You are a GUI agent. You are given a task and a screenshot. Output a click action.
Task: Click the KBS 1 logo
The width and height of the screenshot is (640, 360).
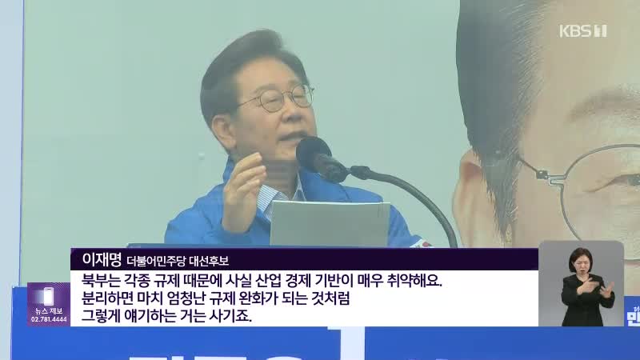582,31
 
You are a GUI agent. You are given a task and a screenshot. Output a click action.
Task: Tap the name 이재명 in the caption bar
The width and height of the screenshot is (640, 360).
102,258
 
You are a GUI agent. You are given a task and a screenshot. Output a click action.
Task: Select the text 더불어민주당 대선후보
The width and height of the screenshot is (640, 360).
178,261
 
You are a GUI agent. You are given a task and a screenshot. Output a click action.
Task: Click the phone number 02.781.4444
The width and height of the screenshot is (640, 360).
49,319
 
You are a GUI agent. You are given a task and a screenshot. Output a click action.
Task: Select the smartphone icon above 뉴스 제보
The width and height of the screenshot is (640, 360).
49,296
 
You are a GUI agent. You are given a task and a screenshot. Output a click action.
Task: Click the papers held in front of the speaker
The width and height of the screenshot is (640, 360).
330,224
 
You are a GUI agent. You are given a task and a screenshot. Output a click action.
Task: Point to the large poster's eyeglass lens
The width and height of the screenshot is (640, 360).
601,192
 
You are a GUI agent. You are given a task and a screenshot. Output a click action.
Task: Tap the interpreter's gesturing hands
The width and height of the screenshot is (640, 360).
591,287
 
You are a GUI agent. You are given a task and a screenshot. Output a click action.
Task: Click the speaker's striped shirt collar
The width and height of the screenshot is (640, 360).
278,198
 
